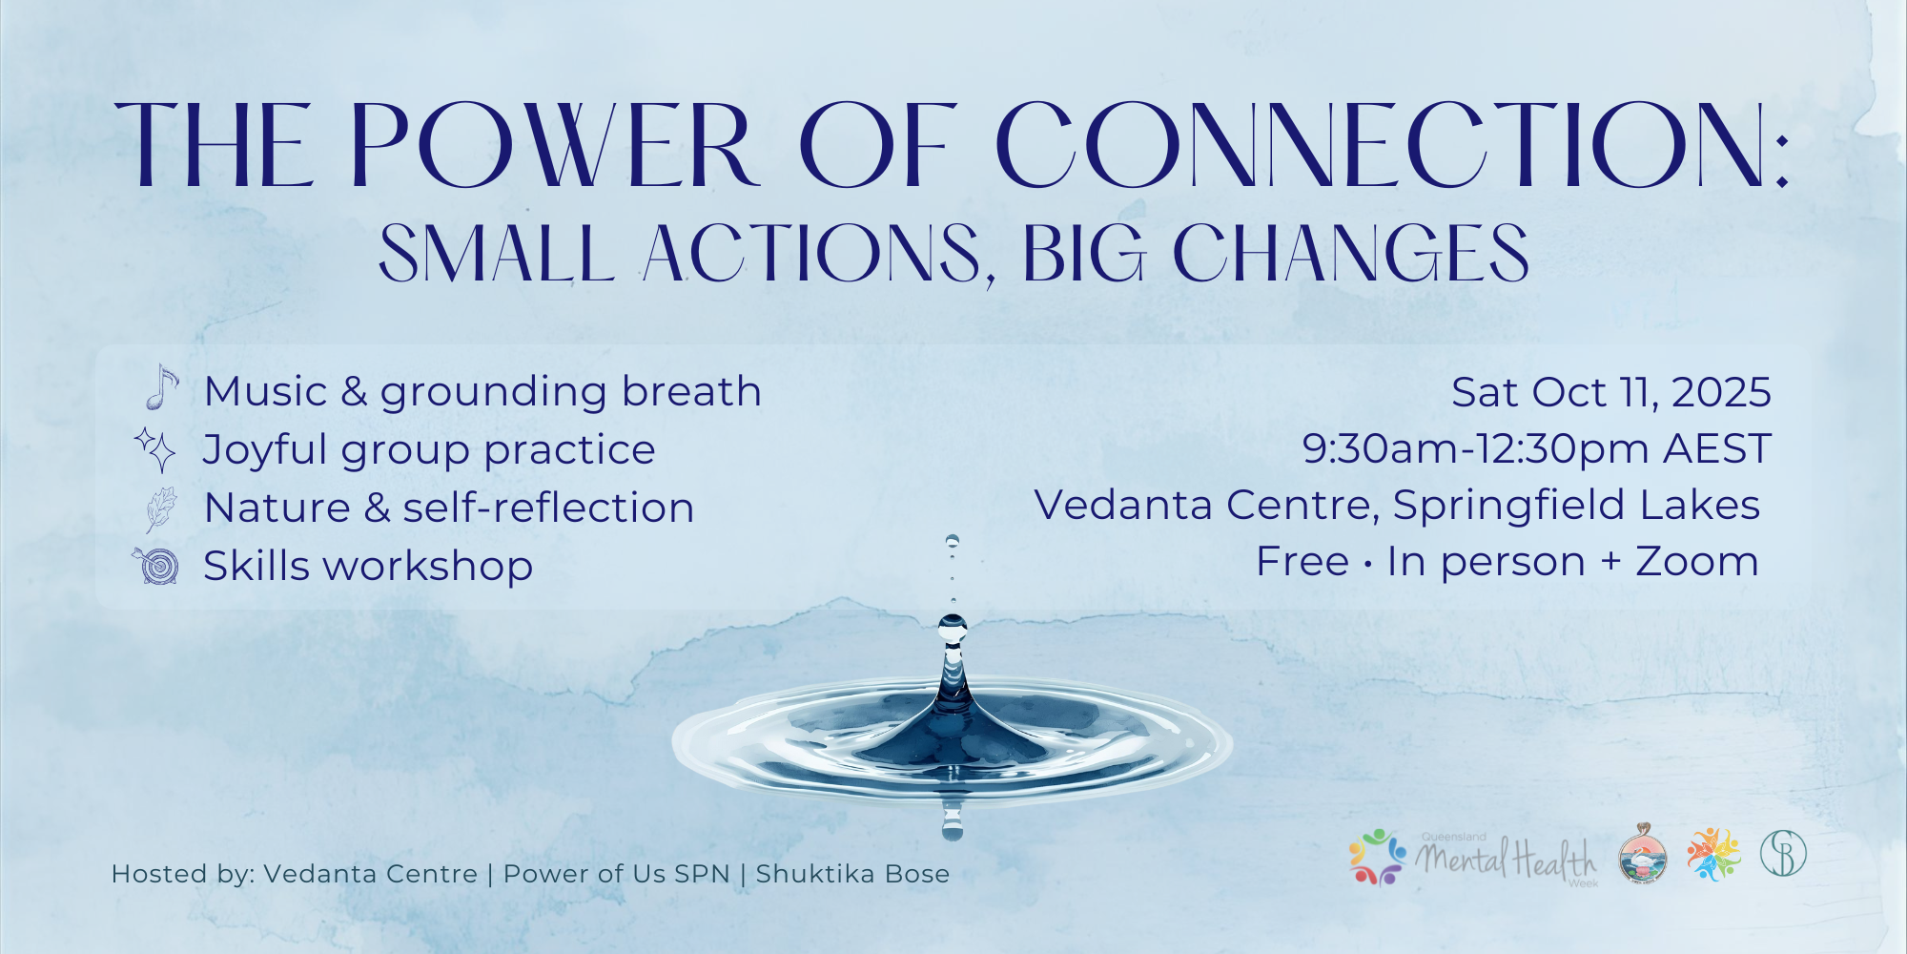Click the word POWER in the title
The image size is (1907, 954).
[x=553, y=145]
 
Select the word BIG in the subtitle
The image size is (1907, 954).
[x=1084, y=254]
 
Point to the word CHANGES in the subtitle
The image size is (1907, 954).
[x=1350, y=254]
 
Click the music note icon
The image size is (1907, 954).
[x=162, y=387]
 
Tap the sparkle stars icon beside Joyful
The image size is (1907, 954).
[x=155, y=449]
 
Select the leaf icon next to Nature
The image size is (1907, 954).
[x=160, y=509]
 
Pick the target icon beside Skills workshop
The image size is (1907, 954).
[x=156, y=566]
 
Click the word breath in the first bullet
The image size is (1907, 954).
[x=691, y=391]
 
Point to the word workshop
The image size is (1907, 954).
[x=428, y=567]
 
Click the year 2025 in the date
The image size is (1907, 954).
[x=1721, y=392]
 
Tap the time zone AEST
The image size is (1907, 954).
[x=1717, y=448]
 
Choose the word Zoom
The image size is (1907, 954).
[x=1697, y=562]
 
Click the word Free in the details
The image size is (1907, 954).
[x=1302, y=562]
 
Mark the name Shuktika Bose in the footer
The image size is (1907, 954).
[x=852, y=874]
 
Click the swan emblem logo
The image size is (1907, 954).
[x=1643, y=854]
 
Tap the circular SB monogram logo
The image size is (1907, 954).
[x=1783, y=854]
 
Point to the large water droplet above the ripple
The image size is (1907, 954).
[x=953, y=628]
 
